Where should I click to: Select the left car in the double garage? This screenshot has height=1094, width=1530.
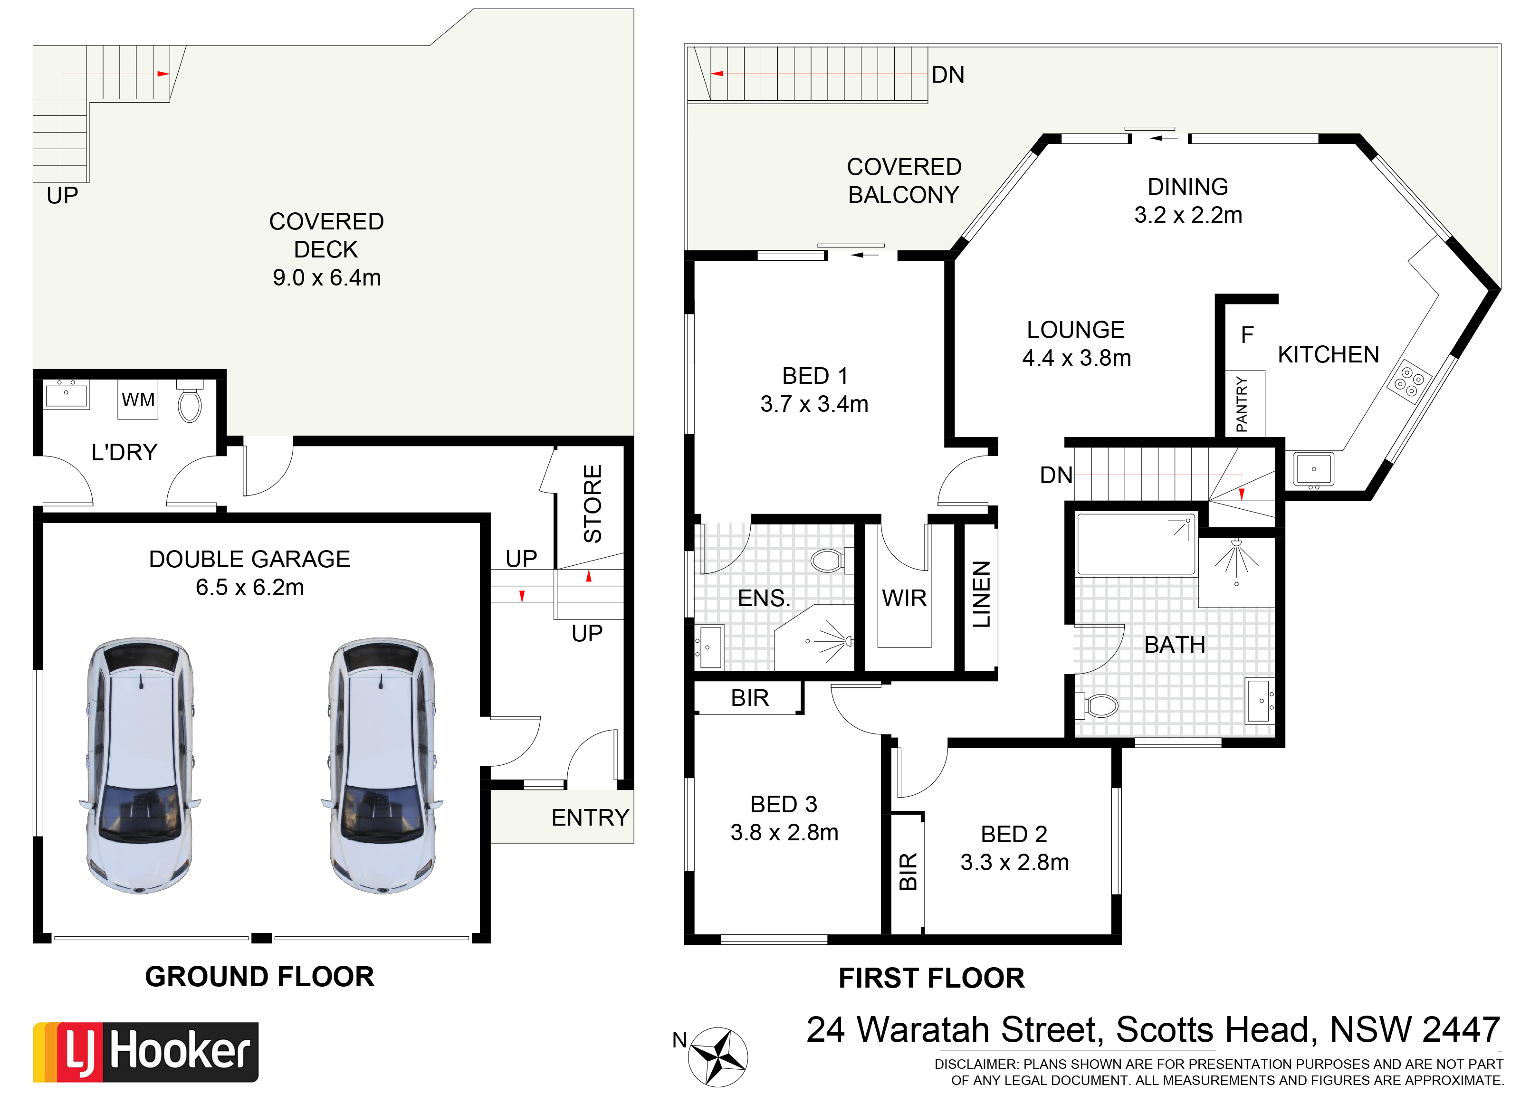tap(140, 765)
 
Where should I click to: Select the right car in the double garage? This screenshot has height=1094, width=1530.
tap(382, 765)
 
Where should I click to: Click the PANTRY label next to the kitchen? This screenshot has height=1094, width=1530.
tap(1242, 404)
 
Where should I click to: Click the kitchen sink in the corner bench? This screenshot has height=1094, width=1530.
tap(1313, 469)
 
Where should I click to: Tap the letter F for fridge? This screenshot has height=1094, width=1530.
tap(1247, 335)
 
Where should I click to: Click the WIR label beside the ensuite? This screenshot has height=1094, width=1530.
tap(904, 598)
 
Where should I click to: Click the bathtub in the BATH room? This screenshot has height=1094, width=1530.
tap(1136, 544)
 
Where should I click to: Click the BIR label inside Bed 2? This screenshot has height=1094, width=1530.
tap(908, 872)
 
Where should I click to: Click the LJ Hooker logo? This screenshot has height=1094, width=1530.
tap(145, 1052)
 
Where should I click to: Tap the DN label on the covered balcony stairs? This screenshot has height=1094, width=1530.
tap(947, 75)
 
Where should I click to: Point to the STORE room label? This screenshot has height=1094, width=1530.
tap(592, 504)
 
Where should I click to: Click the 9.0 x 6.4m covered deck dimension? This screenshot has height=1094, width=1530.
tap(327, 277)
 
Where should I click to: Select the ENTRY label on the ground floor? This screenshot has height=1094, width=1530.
tap(590, 817)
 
